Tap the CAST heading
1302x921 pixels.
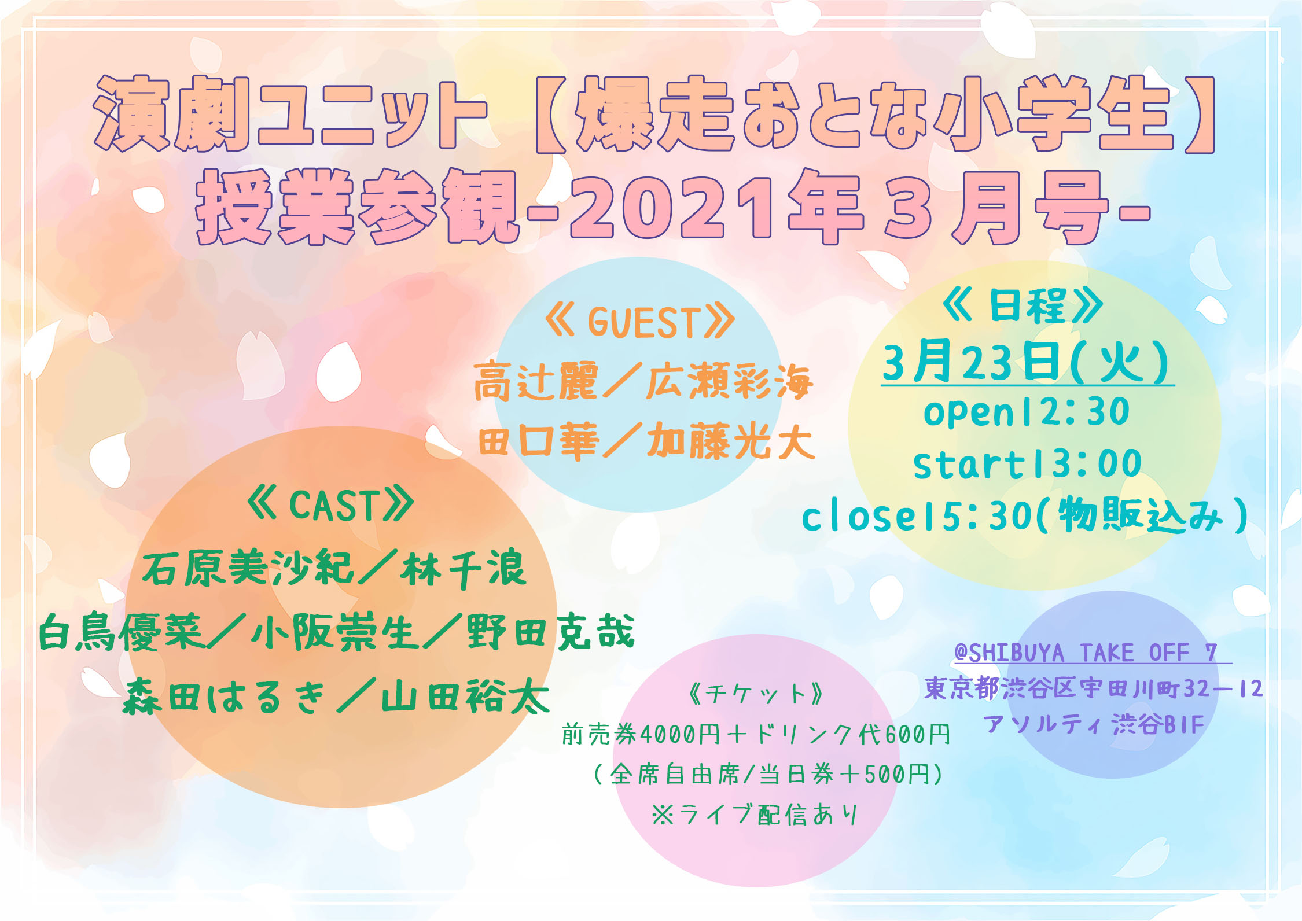click(330, 505)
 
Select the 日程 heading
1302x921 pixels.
click(1023, 305)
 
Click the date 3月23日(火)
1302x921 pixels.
click(1027, 363)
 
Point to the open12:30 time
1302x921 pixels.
click(1027, 412)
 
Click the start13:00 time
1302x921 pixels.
click(1028, 464)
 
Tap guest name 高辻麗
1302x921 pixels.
click(535, 381)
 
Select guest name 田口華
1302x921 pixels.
click(539, 441)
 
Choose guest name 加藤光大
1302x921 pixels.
click(731, 441)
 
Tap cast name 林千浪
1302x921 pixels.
click(463, 569)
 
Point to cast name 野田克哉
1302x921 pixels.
click(550, 631)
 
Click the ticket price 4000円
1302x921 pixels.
click(681, 735)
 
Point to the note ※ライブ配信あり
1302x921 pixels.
click(755, 815)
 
